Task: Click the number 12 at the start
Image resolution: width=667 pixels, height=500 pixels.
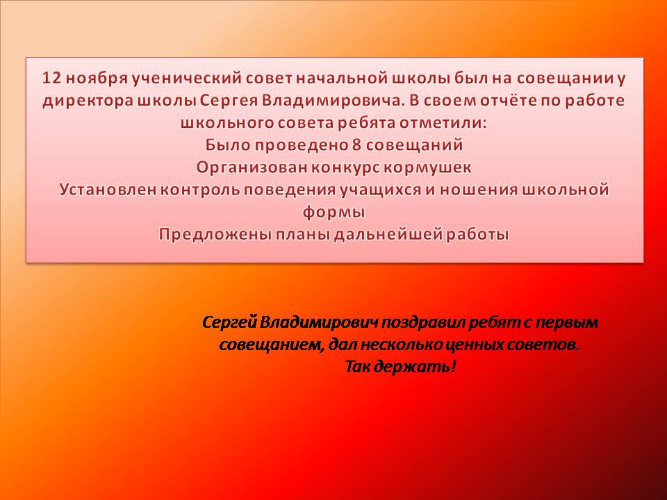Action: click(x=52, y=78)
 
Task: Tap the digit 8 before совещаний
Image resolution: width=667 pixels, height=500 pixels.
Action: click(x=356, y=145)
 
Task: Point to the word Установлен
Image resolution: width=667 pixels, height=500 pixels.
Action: click(x=108, y=190)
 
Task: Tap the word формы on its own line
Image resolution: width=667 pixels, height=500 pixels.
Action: click(x=334, y=212)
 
